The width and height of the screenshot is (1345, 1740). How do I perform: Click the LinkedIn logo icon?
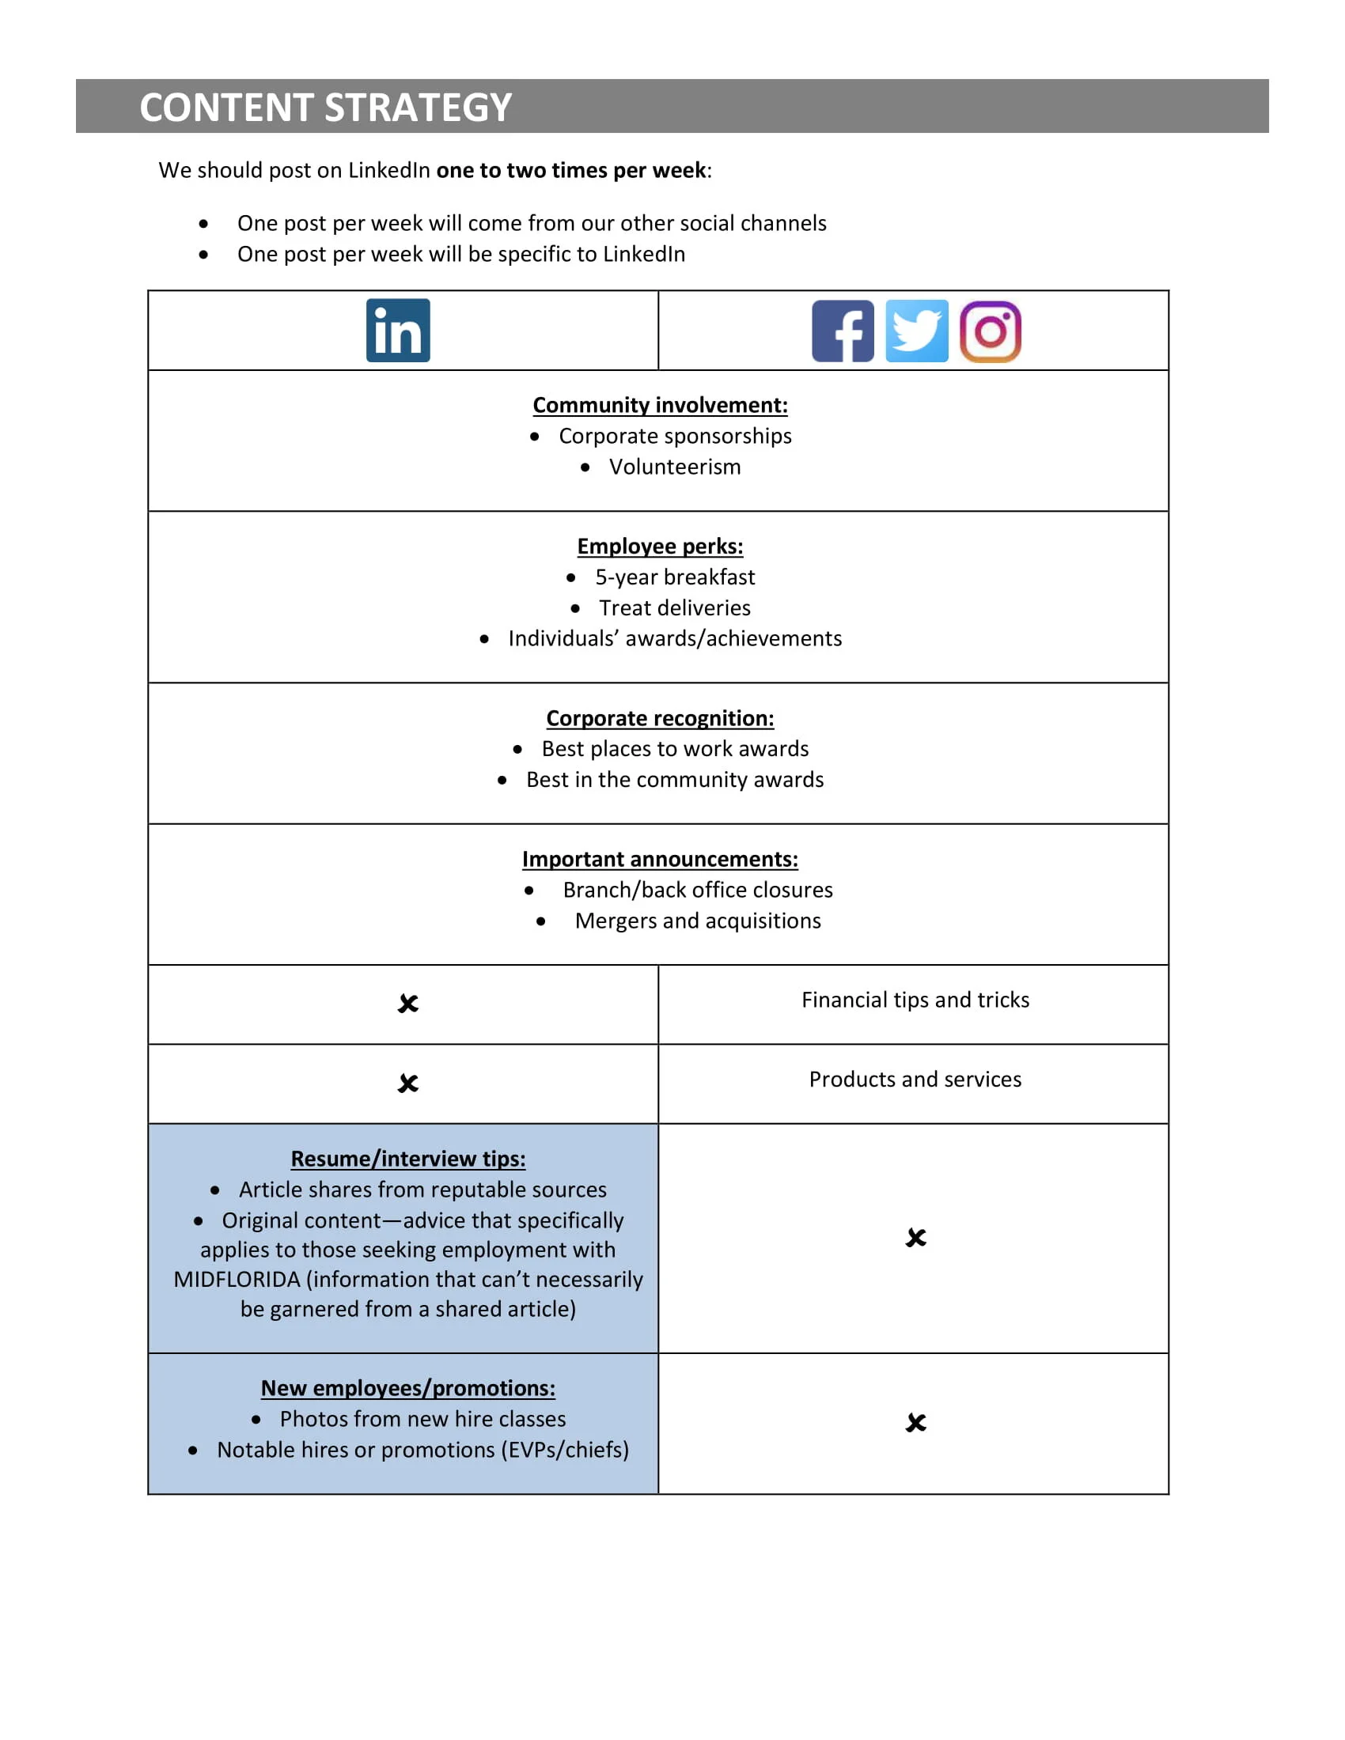tap(398, 331)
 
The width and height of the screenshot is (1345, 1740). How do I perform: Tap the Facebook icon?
tap(843, 331)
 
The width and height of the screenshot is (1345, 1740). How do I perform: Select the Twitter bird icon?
tap(916, 331)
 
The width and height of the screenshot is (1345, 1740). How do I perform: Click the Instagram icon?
tap(990, 331)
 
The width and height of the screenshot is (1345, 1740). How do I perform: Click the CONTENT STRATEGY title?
tap(325, 108)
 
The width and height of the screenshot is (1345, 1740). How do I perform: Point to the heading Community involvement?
tap(660, 406)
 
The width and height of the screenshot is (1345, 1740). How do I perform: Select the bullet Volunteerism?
tap(674, 467)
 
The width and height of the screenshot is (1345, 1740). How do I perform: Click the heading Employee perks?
tap(660, 547)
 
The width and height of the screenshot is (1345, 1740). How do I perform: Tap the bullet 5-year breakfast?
tap(674, 577)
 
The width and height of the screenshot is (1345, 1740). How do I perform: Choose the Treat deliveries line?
tap(674, 608)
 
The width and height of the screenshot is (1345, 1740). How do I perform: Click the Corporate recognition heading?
tap(660, 719)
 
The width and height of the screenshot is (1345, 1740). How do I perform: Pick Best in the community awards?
tap(674, 779)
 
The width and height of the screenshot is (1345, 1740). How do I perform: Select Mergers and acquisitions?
tap(697, 921)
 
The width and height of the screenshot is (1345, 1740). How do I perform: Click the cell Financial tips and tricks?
tap(915, 1000)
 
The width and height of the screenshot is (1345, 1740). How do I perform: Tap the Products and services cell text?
tap(915, 1079)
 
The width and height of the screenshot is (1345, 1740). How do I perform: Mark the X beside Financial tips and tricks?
tap(408, 1004)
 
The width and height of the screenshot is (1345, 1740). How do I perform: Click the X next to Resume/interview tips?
tap(915, 1237)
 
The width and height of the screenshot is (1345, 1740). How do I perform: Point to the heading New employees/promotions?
tap(408, 1388)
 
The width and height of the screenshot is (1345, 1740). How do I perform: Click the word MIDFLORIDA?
tap(237, 1280)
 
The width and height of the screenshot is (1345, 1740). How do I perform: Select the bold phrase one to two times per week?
tap(571, 171)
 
